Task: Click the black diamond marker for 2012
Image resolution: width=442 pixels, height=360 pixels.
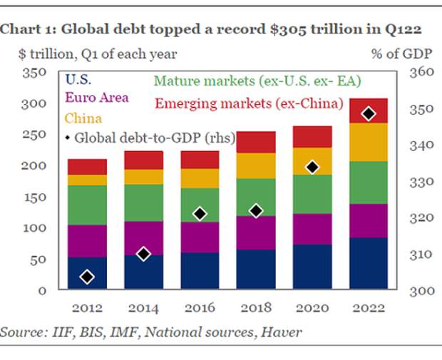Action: tap(87, 277)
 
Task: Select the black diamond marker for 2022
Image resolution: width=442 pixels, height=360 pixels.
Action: tap(369, 113)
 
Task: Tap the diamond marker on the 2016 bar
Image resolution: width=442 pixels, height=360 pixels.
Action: tap(200, 213)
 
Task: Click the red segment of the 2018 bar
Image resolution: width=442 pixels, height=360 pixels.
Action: tap(256, 142)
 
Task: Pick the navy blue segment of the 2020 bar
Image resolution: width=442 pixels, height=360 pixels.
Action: tap(312, 266)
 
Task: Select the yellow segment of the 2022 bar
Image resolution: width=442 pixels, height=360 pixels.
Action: tap(369, 142)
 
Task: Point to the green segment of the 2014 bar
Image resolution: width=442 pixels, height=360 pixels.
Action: tap(143, 202)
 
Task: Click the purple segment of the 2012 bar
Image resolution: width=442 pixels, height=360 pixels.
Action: tap(87, 240)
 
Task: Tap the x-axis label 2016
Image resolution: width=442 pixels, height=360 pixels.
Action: tap(200, 308)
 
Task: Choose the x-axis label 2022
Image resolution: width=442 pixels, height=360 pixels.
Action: tap(369, 308)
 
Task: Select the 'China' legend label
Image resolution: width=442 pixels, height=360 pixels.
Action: tap(81, 118)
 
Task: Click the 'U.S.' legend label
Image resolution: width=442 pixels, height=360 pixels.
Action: tap(78, 79)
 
